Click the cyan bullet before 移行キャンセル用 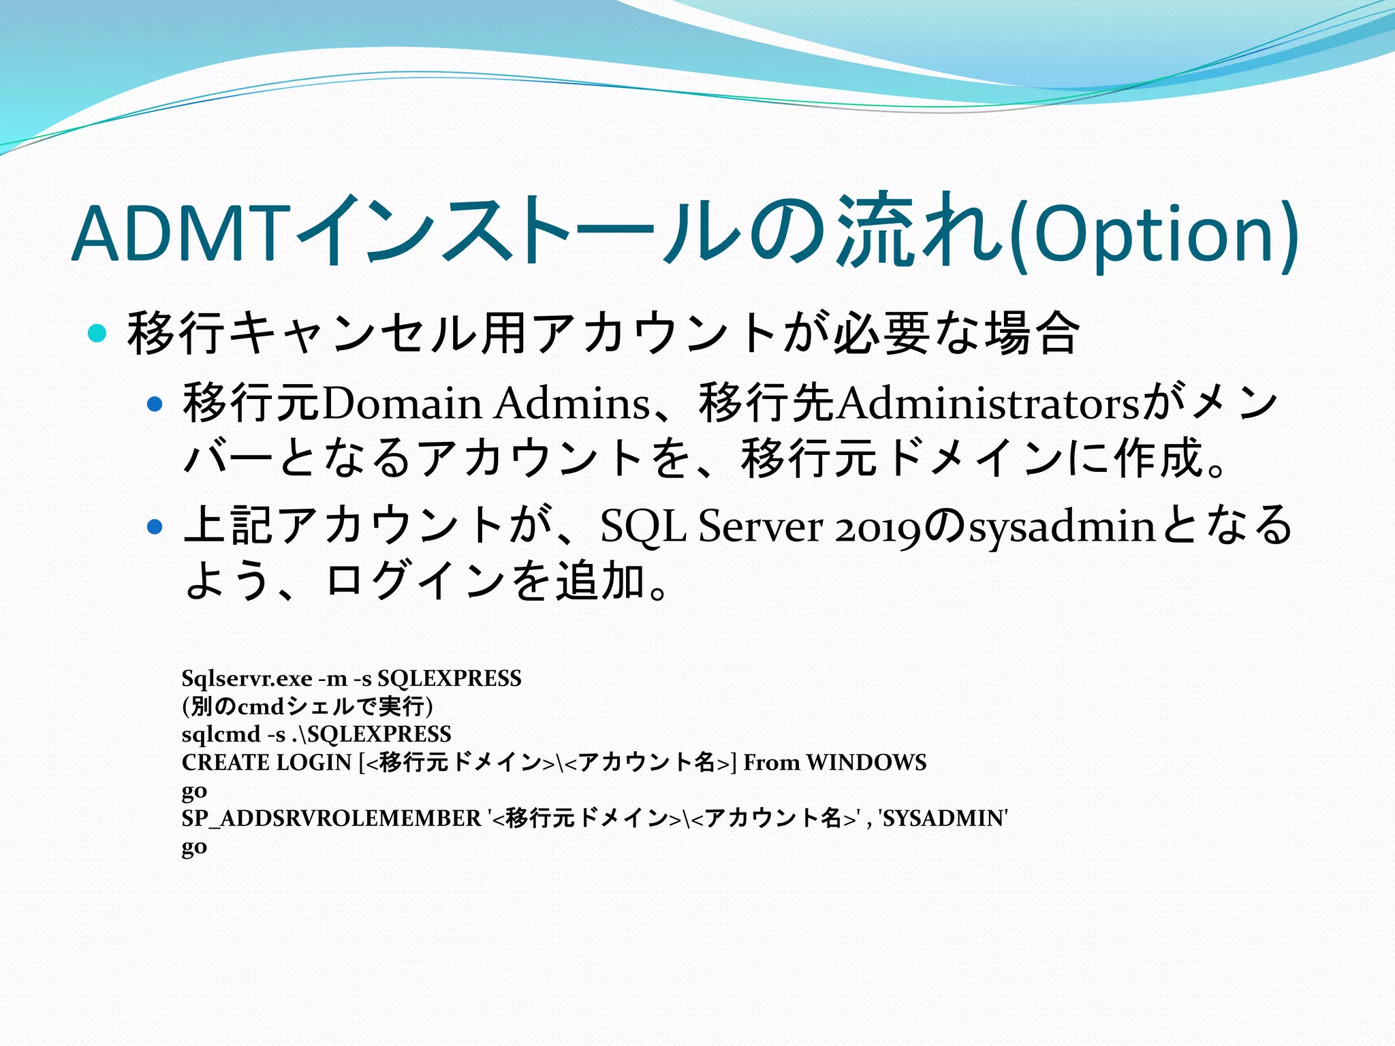click(98, 334)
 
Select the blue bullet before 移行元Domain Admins click(155, 405)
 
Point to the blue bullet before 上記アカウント click(155, 526)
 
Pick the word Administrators click(988, 403)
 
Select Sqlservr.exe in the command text click(247, 678)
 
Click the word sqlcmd click(221, 734)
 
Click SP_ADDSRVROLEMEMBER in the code click(331, 818)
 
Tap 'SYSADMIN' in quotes click(943, 818)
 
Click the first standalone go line click(194, 791)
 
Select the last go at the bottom click(194, 847)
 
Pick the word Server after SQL click(760, 526)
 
